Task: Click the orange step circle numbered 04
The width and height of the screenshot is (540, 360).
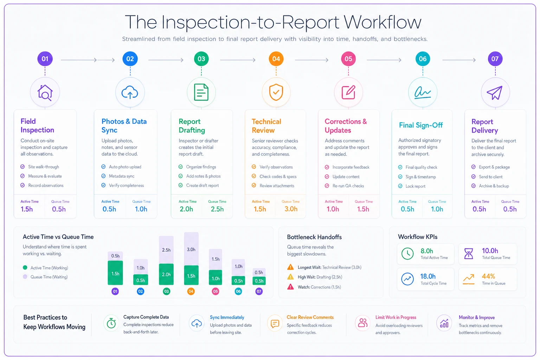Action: coord(276,59)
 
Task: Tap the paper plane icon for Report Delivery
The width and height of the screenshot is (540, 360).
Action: coord(495,92)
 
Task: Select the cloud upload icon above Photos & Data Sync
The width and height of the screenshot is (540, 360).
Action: coord(130,92)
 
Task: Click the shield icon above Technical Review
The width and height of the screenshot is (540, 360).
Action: coord(276,92)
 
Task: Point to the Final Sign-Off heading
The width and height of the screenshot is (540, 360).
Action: coord(421,125)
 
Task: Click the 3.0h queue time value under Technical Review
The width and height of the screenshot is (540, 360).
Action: coord(291,209)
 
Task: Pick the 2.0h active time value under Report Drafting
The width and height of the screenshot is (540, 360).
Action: coord(186,209)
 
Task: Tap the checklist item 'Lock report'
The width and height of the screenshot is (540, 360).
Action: coord(415,186)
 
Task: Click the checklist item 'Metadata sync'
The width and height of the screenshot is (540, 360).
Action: coord(122,176)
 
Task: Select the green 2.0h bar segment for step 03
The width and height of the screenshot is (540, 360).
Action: coord(166,274)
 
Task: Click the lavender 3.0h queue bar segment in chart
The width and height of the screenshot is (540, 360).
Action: coord(191,249)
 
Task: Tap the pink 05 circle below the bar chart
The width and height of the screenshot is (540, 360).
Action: coord(216,291)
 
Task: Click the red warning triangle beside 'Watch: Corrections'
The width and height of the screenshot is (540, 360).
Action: coord(290,287)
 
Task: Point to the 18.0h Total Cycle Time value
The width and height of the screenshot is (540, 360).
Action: coord(428,276)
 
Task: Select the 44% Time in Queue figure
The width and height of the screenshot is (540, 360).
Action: coord(488,276)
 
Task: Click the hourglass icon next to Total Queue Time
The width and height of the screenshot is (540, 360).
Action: coord(469,254)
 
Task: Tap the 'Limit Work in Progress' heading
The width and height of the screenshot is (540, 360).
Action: coord(396,317)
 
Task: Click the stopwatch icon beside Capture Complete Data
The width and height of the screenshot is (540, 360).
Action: coord(111,323)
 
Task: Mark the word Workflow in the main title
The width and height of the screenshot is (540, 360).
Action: coord(382,22)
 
